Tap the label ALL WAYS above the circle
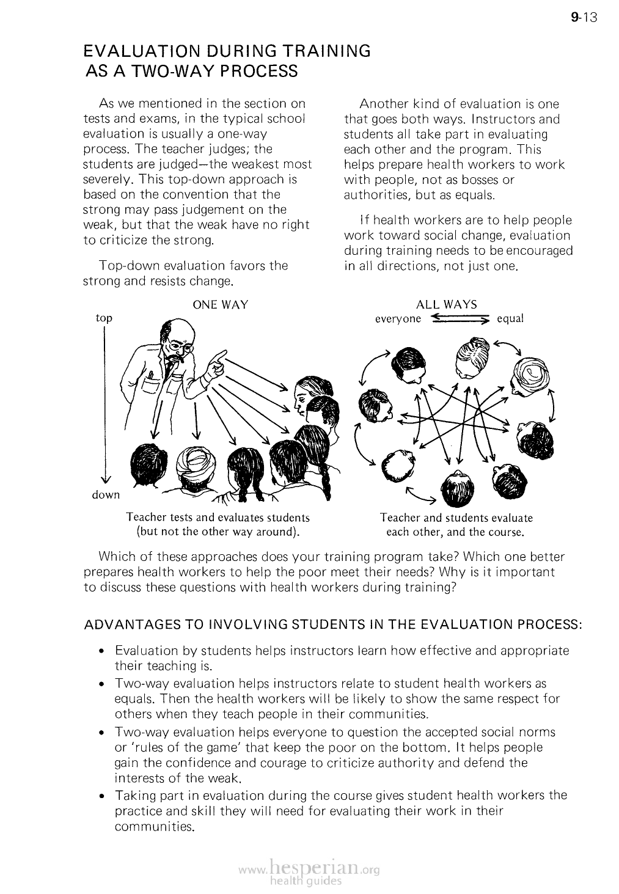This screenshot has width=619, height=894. [x=446, y=304]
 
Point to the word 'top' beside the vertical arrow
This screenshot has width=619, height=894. [x=104, y=318]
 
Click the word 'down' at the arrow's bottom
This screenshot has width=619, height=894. [x=106, y=495]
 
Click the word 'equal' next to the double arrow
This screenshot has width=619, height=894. [x=511, y=318]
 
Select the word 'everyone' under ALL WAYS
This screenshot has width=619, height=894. [x=398, y=319]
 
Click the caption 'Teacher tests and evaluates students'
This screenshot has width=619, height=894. [x=218, y=518]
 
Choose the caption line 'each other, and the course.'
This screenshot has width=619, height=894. [x=456, y=532]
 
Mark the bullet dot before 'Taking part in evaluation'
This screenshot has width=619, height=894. [x=103, y=797]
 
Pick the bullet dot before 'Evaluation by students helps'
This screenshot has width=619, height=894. [x=103, y=652]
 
